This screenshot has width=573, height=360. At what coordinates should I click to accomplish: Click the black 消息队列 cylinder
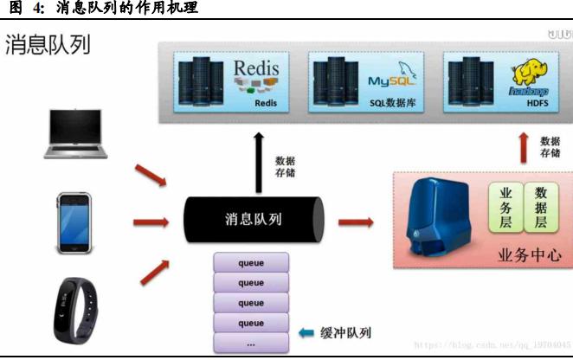[253, 220]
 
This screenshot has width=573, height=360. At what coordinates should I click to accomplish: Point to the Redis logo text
[258, 67]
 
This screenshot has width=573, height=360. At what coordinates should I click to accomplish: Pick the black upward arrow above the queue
[257, 164]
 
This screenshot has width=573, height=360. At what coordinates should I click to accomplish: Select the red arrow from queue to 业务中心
[356, 222]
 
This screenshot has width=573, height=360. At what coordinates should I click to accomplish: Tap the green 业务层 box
[506, 208]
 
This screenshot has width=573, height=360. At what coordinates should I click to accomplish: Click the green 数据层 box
[541, 208]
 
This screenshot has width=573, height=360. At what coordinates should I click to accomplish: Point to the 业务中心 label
[530, 255]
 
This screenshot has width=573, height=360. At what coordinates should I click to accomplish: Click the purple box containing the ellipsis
[251, 343]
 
